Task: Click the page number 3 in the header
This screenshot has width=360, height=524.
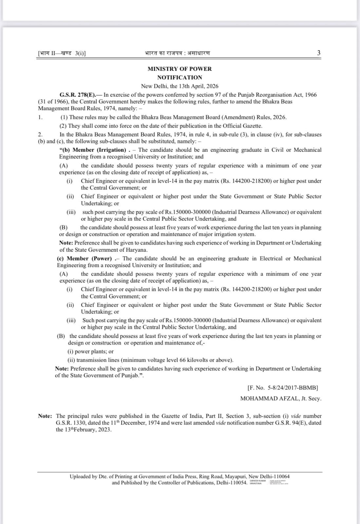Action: pyautogui.click(x=319, y=53)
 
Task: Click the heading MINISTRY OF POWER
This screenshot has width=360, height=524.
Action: pyautogui.click(x=180, y=69)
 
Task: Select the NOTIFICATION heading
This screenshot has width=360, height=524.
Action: pyautogui.click(x=180, y=77)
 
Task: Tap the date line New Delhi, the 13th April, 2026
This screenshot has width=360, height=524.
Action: pyautogui.click(x=180, y=86)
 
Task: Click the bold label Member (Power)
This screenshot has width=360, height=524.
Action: pyautogui.click(x=89, y=258)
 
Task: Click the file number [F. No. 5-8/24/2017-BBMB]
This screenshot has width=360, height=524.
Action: pyautogui.click(x=283, y=388)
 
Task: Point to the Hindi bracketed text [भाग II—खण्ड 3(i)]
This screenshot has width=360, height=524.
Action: pyautogui.click(x=62, y=53)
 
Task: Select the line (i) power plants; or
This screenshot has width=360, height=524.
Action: pyautogui.click(x=90, y=351)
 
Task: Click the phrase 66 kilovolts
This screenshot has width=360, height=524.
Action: pyautogui.click(x=188, y=360)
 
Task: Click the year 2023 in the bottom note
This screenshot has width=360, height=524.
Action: pyautogui.click(x=104, y=430)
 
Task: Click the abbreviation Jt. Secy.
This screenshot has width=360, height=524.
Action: pyautogui.click(x=311, y=398)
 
